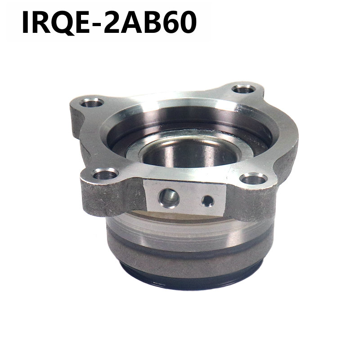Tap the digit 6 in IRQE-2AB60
point(167,22)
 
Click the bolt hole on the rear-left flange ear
point(92,103)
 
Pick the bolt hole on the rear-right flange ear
point(243,89)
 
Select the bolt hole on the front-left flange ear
point(105,174)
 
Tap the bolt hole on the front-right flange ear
point(253,179)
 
